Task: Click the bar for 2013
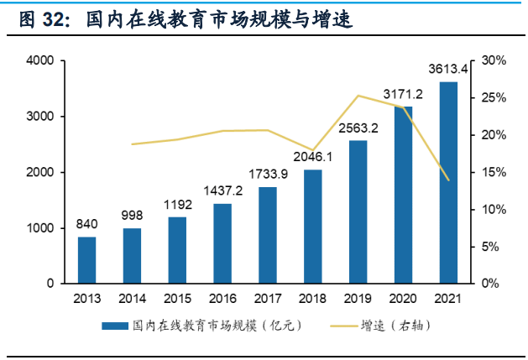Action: point(87,260)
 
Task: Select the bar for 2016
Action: point(222,243)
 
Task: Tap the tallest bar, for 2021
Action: point(448,182)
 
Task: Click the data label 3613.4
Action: point(448,68)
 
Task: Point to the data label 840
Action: point(87,223)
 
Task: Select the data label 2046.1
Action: point(313,156)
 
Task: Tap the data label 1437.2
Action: point(222,190)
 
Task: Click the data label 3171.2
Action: point(403,92)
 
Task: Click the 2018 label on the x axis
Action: point(313,298)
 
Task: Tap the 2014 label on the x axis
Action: point(132,298)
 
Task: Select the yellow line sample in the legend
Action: point(337,325)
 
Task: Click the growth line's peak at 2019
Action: point(358,96)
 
